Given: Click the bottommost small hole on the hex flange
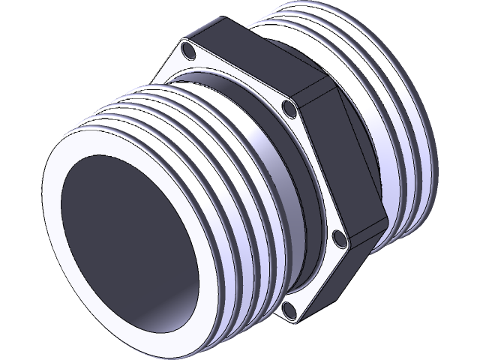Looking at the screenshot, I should point(288,308).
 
